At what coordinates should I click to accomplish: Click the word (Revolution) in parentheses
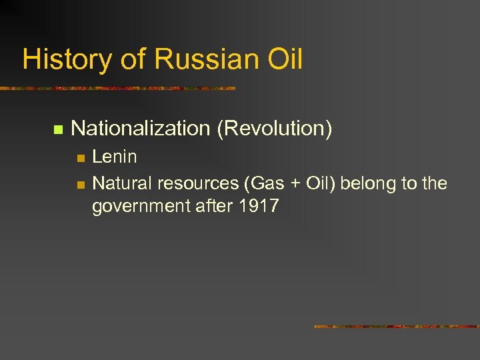coord(274,129)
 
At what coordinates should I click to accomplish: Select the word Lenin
coord(115,157)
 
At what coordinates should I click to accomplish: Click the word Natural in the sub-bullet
coord(120,183)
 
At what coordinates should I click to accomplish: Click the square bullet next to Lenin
coord(81,158)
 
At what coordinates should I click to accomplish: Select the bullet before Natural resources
coord(81,183)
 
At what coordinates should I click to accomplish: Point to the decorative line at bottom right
coord(397,327)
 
